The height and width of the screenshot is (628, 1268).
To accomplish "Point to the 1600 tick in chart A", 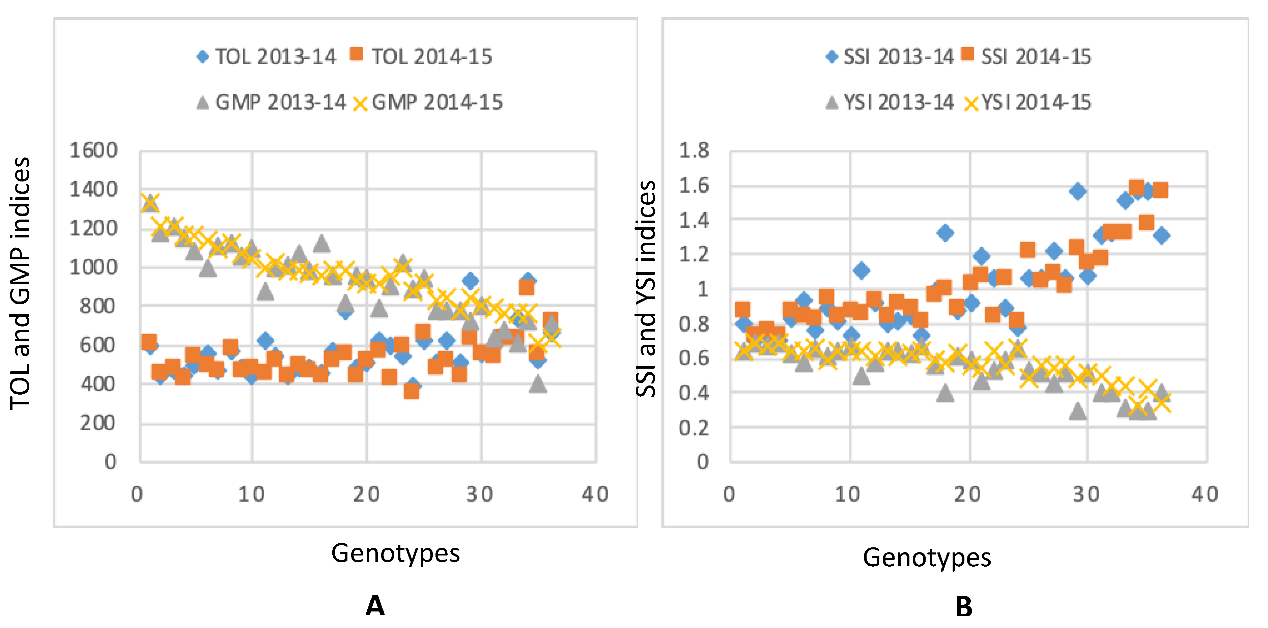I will click(x=93, y=150).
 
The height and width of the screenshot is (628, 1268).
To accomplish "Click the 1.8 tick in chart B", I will click(x=694, y=150).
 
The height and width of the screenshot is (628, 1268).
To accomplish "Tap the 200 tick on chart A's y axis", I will click(x=98, y=423).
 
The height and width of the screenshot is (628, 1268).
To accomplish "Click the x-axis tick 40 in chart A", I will click(x=595, y=494).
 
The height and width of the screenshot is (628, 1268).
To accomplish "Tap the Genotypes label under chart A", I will click(x=395, y=553).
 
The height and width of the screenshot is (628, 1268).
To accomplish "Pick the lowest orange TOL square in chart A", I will click(x=412, y=391).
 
